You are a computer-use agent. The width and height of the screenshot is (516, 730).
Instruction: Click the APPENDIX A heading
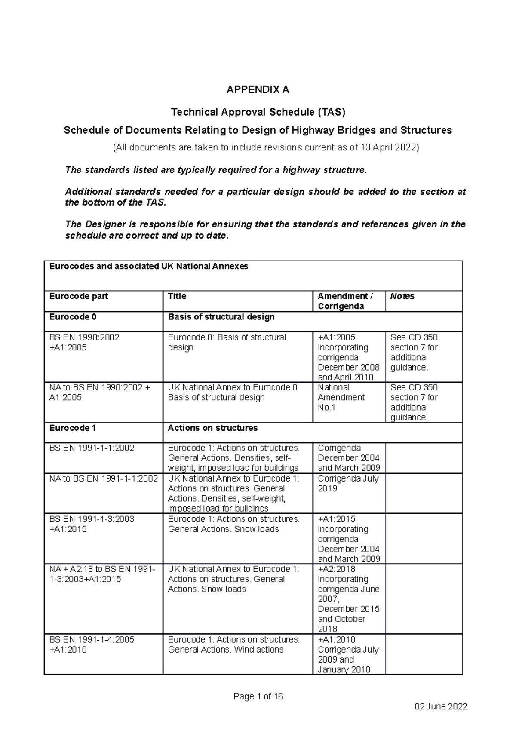click(x=258, y=90)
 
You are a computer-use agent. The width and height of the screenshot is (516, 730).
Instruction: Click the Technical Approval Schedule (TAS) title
click(x=258, y=112)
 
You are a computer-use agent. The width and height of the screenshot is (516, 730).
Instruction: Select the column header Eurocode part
click(x=79, y=296)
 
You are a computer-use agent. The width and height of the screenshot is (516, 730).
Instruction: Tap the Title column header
click(x=177, y=296)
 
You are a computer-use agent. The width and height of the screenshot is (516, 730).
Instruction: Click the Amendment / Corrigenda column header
click(x=345, y=301)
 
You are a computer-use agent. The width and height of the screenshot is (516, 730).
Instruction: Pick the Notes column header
click(x=402, y=296)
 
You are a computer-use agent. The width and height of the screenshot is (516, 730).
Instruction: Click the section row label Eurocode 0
click(x=73, y=317)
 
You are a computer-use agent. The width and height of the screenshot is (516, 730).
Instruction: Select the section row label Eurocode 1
click(x=73, y=428)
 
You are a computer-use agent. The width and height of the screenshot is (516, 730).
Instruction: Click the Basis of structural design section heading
click(x=221, y=317)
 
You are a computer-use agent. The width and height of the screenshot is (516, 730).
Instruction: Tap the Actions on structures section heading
click(x=212, y=428)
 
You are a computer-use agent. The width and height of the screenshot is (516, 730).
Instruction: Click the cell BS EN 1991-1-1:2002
click(x=92, y=448)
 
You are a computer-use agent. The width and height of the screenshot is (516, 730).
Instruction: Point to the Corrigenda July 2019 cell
click(x=348, y=483)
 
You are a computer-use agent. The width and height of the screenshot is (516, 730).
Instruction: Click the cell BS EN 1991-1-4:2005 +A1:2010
click(x=92, y=644)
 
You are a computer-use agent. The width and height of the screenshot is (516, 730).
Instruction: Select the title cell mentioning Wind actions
click(x=233, y=644)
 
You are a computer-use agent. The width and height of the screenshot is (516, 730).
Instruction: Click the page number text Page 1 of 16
click(x=258, y=696)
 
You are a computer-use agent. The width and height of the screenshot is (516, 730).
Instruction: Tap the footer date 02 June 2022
click(x=440, y=707)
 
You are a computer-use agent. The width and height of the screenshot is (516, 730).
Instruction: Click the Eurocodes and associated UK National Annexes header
click(x=148, y=266)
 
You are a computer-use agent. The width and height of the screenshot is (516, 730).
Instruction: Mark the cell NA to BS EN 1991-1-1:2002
click(x=103, y=478)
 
